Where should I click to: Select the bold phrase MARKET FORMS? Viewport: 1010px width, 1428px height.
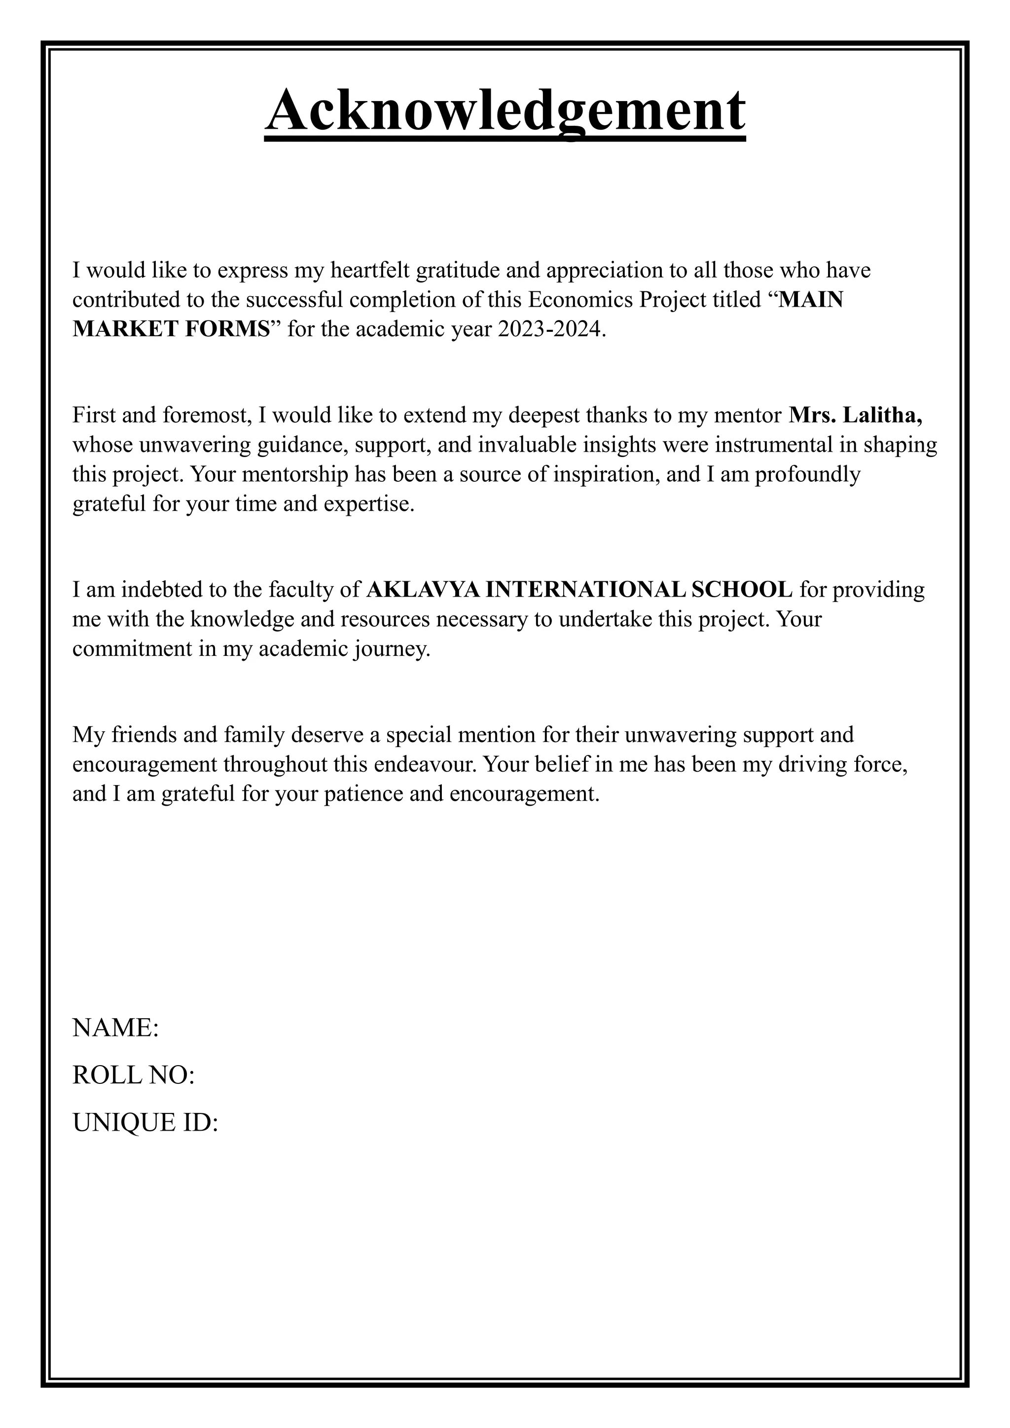click(x=172, y=329)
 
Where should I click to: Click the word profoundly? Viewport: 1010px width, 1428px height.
click(x=807, y=474)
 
